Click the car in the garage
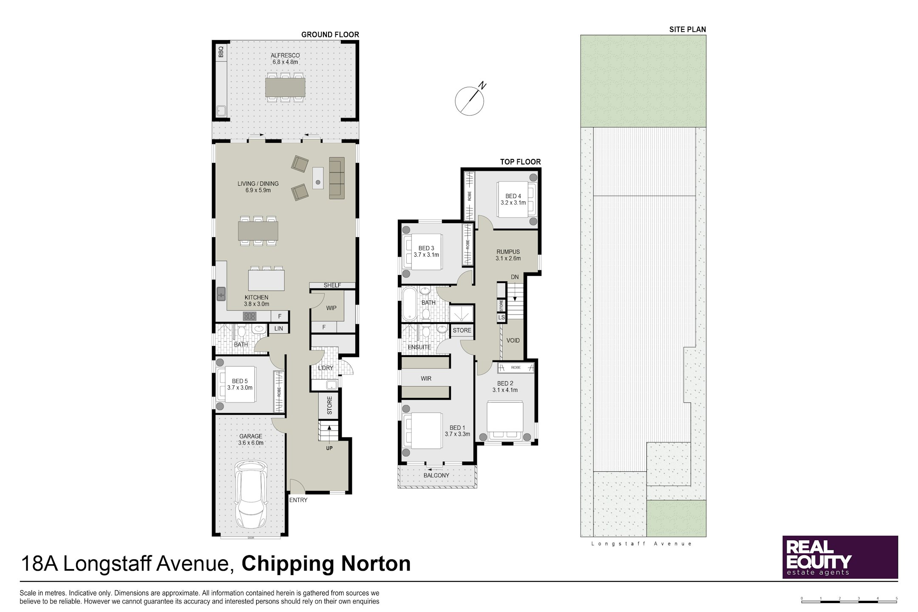[252, 495]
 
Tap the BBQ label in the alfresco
[221, 52]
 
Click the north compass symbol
[470, 100]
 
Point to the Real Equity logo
[840, 557]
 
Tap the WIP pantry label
[331, 308]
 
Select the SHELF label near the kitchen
[332, 285]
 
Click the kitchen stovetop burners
[249, 316]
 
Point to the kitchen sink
[221, 294]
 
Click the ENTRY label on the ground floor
[298, 500]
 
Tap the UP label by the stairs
[329, 448]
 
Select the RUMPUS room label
[508, 252]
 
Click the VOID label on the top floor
[513, 340]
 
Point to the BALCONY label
[436, 476]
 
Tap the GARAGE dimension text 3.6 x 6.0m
[251, 442]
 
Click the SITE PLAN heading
[687, 29]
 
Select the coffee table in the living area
[317, 178]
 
